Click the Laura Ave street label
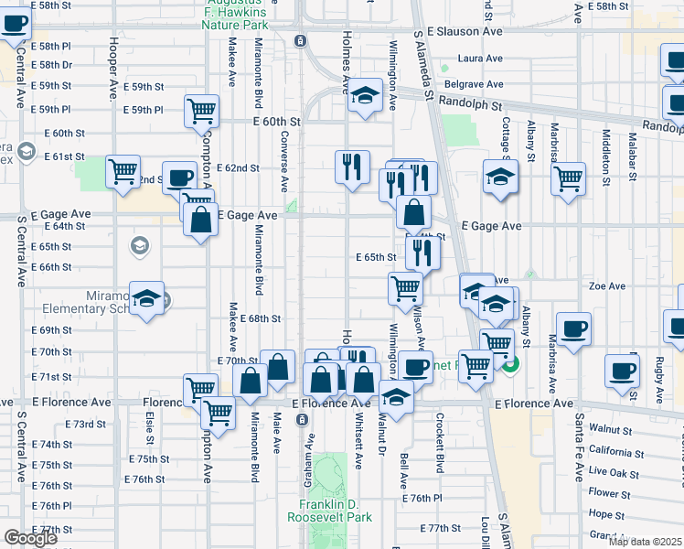(x=481, y=59)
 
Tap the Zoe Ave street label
(x=606, y=285)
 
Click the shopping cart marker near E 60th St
(x=201, y=112)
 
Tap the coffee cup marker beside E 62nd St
(x=179, y=177)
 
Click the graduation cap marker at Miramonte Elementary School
(x=146, y=297)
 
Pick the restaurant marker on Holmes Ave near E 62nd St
(x=352, y=167)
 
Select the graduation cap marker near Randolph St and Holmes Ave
(x=364, y=95)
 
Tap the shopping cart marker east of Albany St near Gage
(x=569, y=177)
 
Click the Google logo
(x=30, y=538)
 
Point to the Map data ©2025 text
(x=646, y=542)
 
